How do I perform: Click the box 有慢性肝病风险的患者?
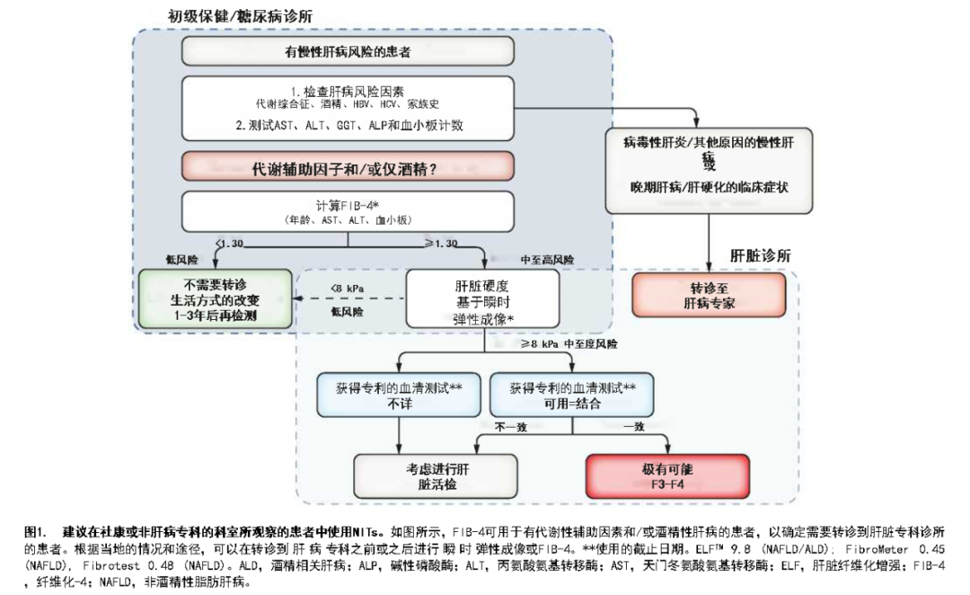coord(348,52)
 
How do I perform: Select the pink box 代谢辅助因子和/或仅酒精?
coord(348,167)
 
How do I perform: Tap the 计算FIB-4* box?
coord(348,210)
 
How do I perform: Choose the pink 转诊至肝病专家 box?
coord(710,297)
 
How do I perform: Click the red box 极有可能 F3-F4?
coord(667,476)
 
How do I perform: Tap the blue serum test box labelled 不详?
coord(398,395)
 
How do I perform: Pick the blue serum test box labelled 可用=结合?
coord(573,395)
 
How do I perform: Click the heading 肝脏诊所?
coord(760,255)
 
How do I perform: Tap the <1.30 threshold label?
coord(231,244)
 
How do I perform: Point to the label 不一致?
coord(509,426)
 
